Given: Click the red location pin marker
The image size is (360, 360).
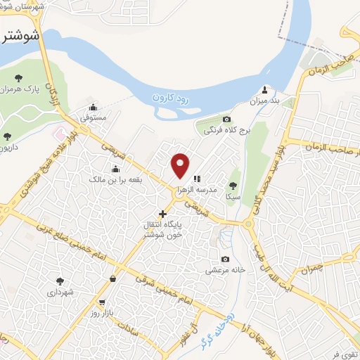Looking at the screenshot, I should pos(181,165).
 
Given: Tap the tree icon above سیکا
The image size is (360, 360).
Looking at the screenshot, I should pos(233,186).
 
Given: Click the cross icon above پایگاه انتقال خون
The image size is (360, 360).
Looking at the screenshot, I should pos(162,213).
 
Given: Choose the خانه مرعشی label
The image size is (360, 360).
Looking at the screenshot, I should pos(224,270).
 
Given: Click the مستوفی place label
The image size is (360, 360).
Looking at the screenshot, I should pos(93,119).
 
